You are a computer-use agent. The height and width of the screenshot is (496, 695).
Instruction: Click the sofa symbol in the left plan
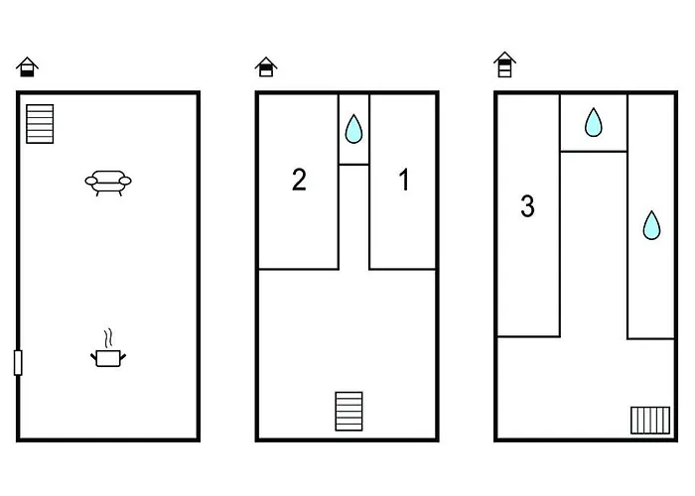click(x=108, y=183)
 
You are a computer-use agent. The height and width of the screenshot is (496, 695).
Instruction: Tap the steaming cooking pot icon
click(x=108, y=348)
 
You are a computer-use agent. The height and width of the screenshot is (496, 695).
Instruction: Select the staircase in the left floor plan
click(x=40, y=124)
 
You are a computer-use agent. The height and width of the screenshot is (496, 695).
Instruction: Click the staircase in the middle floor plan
click(x=348, y=412)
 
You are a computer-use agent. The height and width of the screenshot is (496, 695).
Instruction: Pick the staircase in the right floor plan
click(x=650, y=421)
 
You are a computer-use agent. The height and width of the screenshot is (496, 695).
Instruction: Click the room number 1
click(x=404, y=180)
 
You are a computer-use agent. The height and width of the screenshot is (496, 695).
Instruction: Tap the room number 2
click(x=299, y=180)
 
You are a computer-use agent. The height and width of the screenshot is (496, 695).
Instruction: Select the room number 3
click(x=527, y=206)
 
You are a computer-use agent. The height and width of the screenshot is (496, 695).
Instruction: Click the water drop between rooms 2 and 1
click(x=353, y=129)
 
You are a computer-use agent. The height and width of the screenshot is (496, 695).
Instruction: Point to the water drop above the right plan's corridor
click(x=594, y=122)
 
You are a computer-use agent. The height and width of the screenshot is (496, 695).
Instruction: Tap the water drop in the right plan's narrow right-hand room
click(x=651, y=225)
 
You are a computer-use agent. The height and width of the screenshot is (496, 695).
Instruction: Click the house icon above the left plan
click(x=27, y=67)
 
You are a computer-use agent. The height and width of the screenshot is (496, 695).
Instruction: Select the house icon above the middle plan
click(x=266, y=66)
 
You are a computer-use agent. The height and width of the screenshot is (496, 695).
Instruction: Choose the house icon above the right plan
click(x=504, y=64)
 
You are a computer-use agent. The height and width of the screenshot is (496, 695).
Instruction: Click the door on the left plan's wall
click(x=18, y=363)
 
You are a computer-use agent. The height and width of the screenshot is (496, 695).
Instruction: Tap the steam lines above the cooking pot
click(x=107, y=339)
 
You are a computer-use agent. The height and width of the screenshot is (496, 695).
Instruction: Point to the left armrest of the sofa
click(x=91, y=181)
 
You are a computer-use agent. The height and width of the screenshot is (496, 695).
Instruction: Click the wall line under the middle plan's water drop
click(x=353, y=165)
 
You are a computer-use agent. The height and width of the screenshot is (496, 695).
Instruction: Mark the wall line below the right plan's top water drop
click(x=594, y=152)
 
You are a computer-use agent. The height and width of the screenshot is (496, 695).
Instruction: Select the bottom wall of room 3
click(x=528, y=337)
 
